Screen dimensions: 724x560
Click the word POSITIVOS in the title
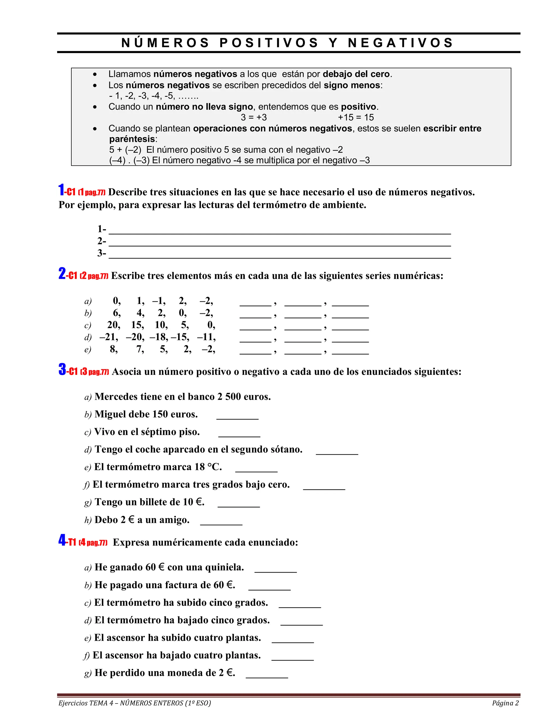[x=269, y=43]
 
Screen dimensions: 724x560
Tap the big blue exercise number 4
[x=62, y=540]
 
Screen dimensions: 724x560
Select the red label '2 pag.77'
[x=94, y=276]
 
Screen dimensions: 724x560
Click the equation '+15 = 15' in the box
[x=356, y=117]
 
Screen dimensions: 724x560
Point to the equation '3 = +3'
[x=254, y=117]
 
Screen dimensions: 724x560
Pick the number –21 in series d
[x=108, y=337]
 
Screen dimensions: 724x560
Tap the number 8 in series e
[x=113, y=349]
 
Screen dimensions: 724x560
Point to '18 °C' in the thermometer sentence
[x=208, y=467]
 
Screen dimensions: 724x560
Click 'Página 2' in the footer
[x=505, y=703]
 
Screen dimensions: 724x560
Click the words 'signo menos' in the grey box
[x=352, y=85]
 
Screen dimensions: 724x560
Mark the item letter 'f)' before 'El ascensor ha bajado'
[x=87, y=656]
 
